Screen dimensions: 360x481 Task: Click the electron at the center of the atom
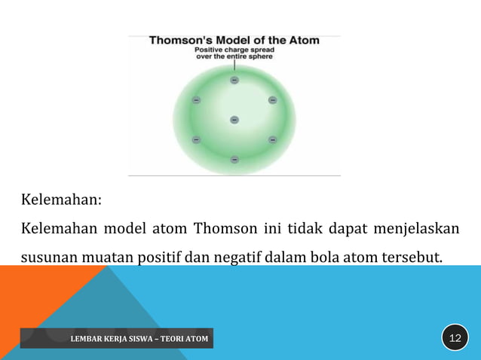click(x=234, y=120)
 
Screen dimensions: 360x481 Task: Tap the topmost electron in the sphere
click(x=234, y=80)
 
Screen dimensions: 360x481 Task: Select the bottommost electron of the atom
click(x=234, y=160)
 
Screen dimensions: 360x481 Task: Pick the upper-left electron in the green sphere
click(x=197, y=100)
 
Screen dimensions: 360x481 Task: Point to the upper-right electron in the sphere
click(x=272, y=100)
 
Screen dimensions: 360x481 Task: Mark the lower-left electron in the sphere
click(x=197, y=139)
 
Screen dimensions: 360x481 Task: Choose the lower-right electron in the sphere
click(x=272, y=139)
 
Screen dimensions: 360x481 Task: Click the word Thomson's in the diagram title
click(x=181, y=41)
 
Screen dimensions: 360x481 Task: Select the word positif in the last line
click(x=161, y=258)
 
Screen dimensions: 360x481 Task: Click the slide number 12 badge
click(x=455, y=337)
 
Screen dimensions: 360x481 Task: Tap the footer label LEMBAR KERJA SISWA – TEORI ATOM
click(x=139, y=339)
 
